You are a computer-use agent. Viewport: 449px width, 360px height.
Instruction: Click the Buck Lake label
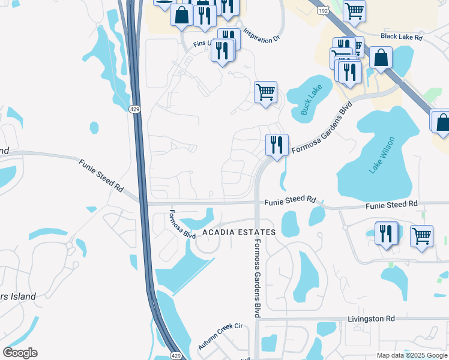coord(311,99)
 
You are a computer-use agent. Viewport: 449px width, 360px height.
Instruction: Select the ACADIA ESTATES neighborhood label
coord(239,232)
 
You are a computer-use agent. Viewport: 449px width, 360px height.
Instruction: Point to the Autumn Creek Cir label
coord(220,337)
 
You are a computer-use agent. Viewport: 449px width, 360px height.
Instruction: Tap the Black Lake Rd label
coord(402,37)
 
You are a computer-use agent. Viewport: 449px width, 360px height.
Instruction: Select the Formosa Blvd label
coord(182,224)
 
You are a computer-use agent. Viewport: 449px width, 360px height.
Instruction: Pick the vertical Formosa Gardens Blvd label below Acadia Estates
coord(257,278)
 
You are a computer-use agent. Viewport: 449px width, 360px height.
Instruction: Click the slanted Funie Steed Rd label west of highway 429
coord(101,175)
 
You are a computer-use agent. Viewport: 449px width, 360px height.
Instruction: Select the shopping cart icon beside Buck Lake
coord(265,92)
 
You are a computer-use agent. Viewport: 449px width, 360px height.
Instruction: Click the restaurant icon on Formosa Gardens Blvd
coord(277,145)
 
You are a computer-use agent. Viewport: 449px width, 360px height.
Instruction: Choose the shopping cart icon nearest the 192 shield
coord(354,10)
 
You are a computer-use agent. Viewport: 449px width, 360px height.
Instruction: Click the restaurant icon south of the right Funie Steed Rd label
coord(386,233)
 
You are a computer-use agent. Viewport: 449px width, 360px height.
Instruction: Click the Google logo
coord(20,352)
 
